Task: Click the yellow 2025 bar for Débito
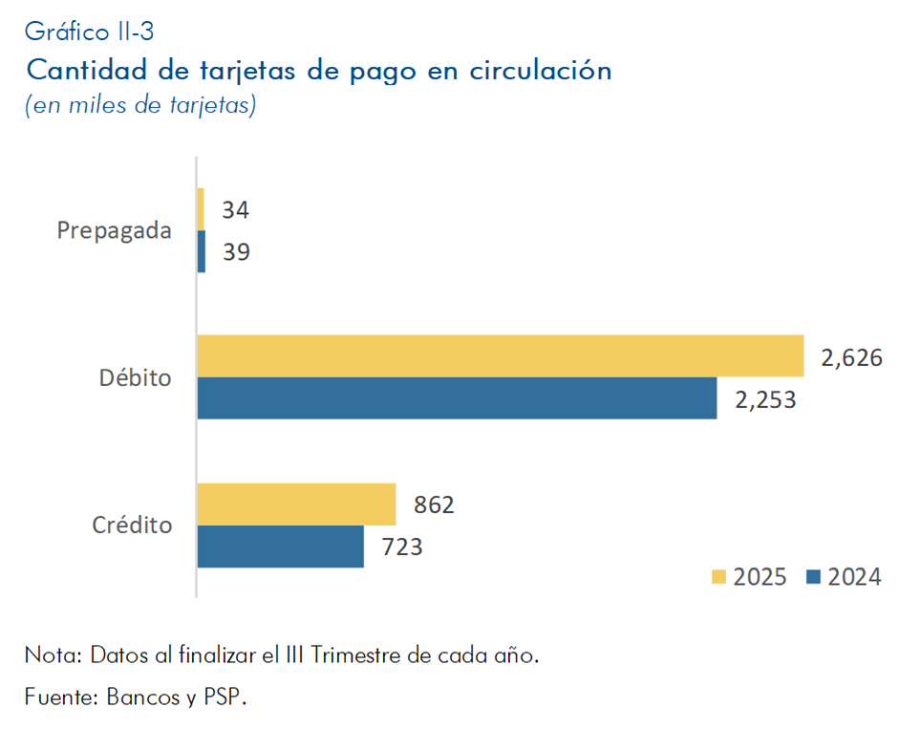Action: pos(500,355)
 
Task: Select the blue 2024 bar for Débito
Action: pos(457,397)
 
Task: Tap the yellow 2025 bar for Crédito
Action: pos(296,504)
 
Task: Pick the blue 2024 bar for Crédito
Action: pos(280,547)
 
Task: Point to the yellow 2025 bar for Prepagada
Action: pos(201,208)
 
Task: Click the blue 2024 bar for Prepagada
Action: pos(201,251)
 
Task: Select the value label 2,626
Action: pos(850,357)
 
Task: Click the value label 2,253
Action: pos(765,399)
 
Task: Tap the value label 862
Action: pos(434,504)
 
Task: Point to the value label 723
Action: pos(402,547)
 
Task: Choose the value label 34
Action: pos(235,209)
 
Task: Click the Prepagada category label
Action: pos(115,231)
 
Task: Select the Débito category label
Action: pos(136,377)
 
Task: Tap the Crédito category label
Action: pos(132,525)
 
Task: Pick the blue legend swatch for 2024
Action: pos(814,576)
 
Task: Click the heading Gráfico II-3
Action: pos(89,32)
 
